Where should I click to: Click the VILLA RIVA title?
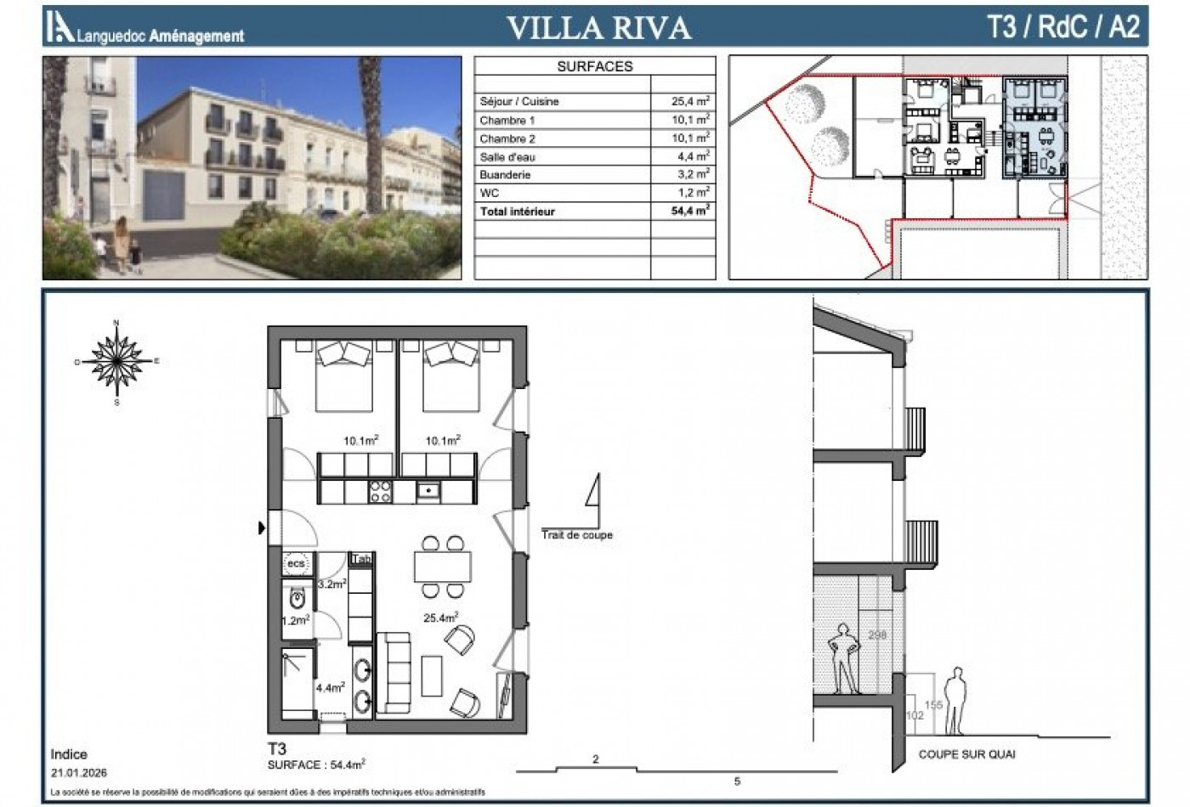click(598, 27)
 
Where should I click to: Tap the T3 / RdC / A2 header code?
click(1062, 26)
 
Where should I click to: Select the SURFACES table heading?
click(595, 66)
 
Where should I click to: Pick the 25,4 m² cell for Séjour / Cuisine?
click(690, 101)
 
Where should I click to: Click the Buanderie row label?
click(505, 175)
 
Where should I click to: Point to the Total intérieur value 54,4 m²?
click(690, 211)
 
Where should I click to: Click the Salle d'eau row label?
click(507, 157)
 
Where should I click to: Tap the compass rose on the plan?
click(116, 361)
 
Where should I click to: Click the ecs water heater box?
click(296, 563)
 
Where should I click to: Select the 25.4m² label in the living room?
click(441, 618)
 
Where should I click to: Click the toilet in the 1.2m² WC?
click(297, 600)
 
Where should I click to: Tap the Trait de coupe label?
click(577, 535)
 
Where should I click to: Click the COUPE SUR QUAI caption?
click(966, 754)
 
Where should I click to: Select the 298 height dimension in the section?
click(877, 635)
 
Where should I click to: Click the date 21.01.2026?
click(79, 773)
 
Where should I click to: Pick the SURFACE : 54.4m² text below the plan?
click(316, 765)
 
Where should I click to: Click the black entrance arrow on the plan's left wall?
click(262, 528)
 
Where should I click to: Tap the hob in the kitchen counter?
click(380, 490)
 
